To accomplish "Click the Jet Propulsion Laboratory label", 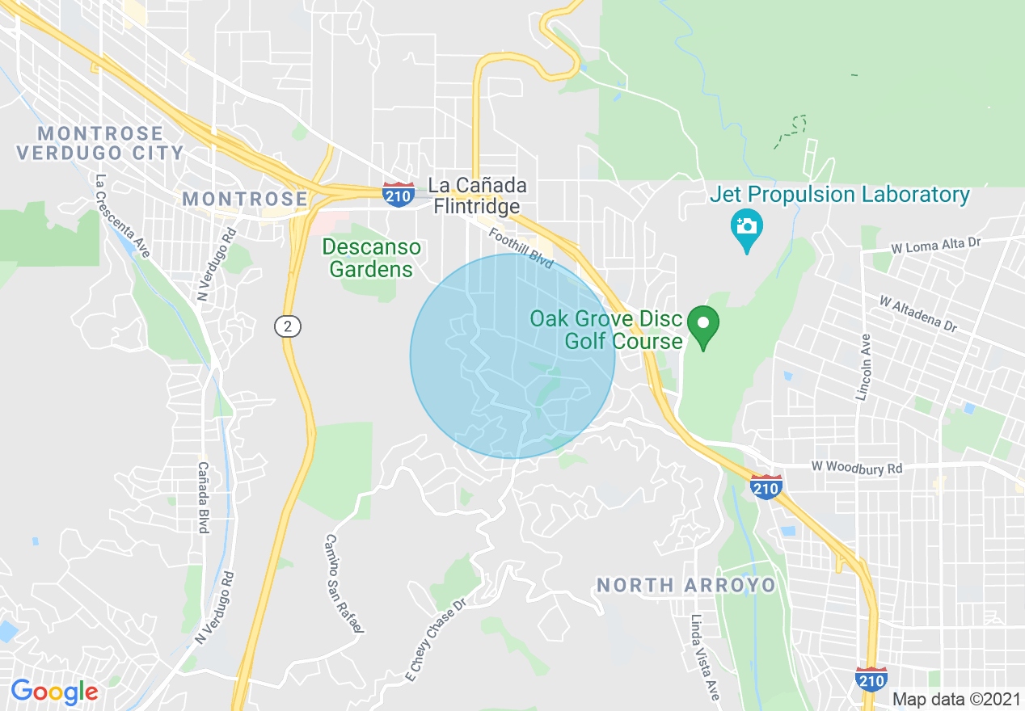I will pos(839,195).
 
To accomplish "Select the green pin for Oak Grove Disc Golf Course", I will pos(703,326).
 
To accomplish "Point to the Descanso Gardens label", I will pos(372,258).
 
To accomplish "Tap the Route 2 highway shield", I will pos(287,326).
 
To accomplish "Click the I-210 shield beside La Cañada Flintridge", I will pos(399,194).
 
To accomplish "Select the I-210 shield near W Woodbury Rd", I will pos(766,486).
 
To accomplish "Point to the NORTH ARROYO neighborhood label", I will pos(686,585).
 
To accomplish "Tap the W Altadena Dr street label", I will pos(917,313).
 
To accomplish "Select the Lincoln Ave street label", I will pos(864,368).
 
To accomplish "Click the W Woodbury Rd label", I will pos(856,468).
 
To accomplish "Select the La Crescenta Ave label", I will pos(122,216).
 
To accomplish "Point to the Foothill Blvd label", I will pos(521,248).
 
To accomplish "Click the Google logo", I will pos(54,692).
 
